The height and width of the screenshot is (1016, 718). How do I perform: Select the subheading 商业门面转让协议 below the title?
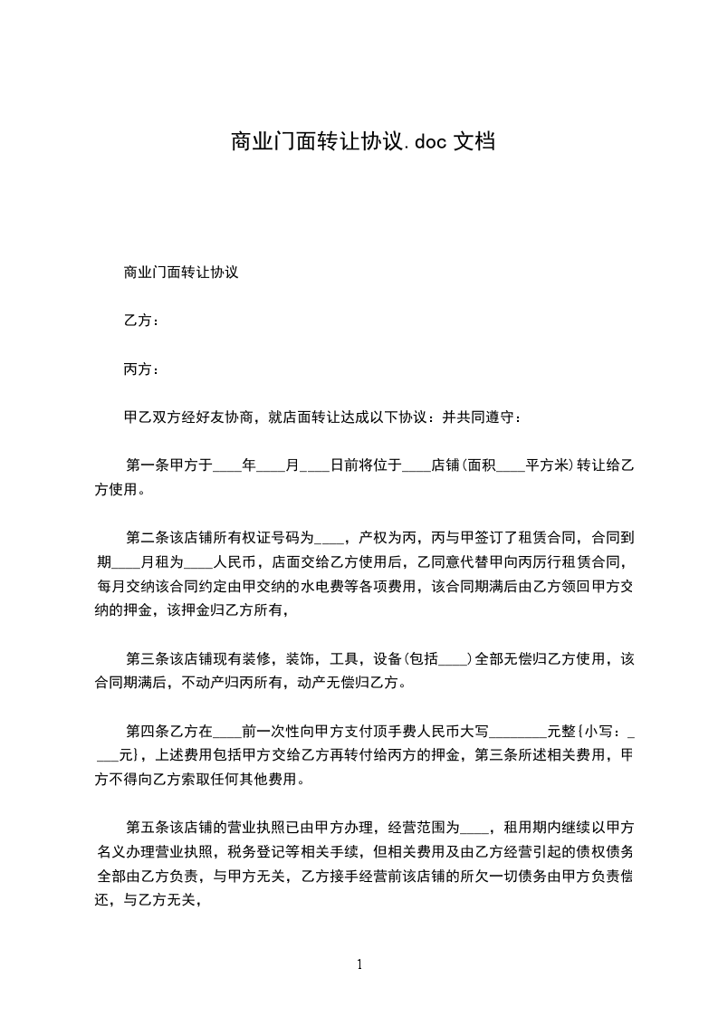(x=180, y=272)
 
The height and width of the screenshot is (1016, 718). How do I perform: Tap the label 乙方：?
(x=141, y=321)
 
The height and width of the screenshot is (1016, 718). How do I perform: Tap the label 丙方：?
(x=141, y=369)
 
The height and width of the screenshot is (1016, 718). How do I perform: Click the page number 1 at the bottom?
(x=359, y=964)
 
